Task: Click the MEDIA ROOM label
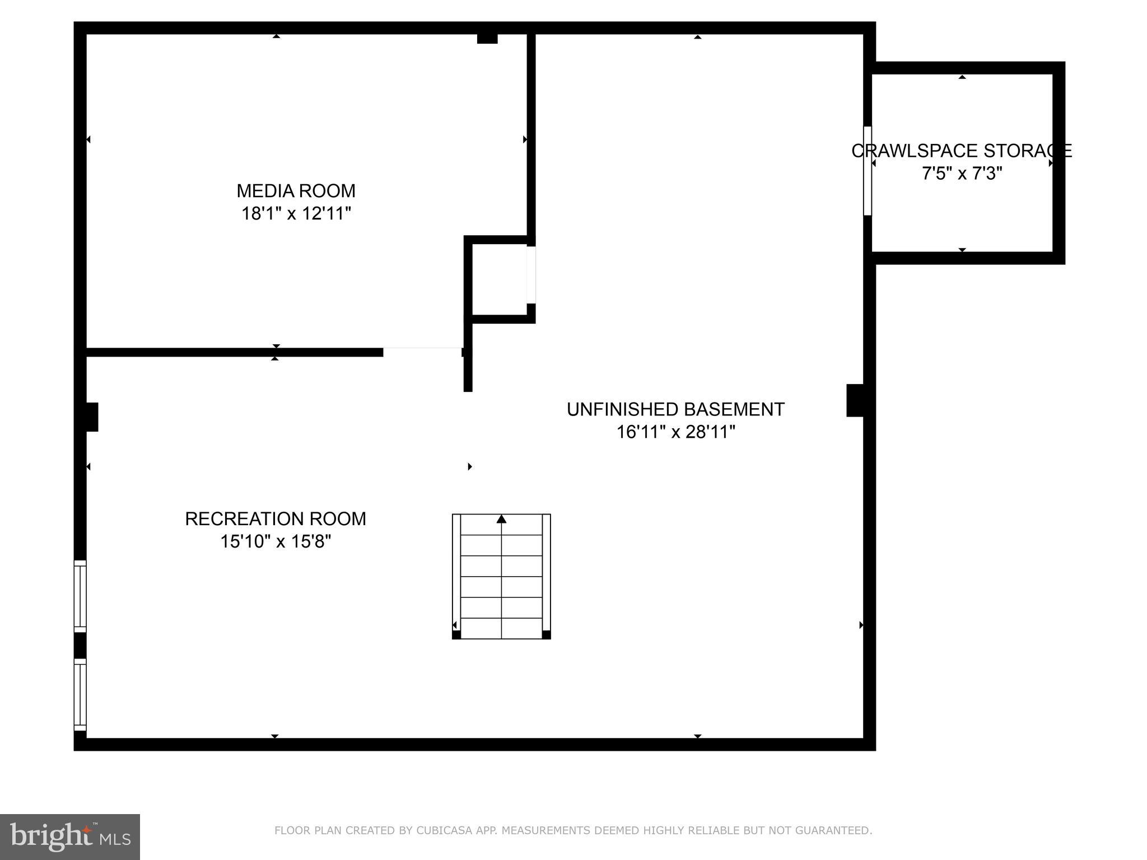pos(296,191)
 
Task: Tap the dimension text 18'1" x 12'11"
pos(296,214)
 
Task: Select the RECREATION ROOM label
pos(276,519)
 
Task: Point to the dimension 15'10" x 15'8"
pos(276,541)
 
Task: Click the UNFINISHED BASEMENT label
pos(675,409)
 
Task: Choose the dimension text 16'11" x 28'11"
pos(675,432)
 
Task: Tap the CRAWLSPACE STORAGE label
pos(961,151)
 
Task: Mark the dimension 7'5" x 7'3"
pos(961,174)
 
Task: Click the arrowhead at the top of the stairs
pos(501,520)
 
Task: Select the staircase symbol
pos(501,577)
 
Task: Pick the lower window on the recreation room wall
pos(81,694)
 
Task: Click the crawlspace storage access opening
pos(868,171)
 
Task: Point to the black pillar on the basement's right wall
pos(855,400)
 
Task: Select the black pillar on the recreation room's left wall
pos(92,417)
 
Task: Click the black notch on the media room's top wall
pos(487,39)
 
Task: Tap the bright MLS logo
pos(70,837)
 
